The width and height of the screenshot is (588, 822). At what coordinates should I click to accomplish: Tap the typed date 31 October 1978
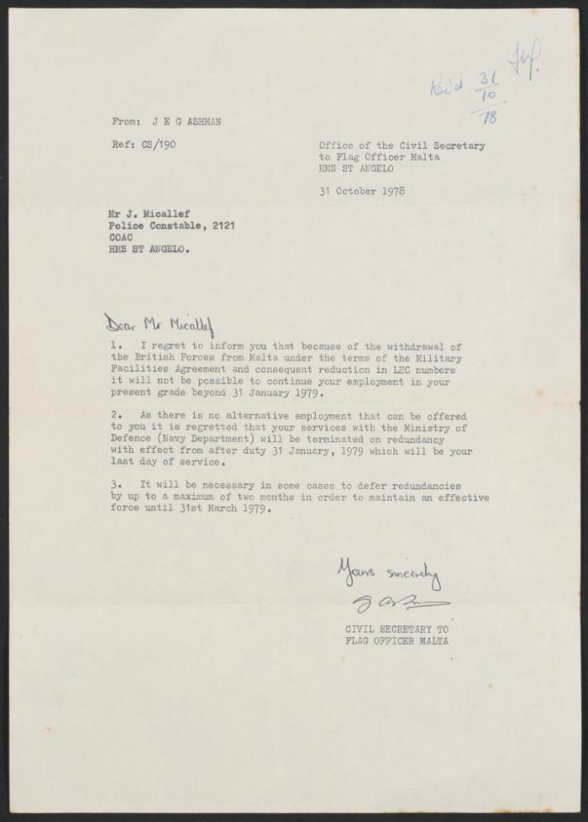point(362,191)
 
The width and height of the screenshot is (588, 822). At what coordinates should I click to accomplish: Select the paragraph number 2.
point(115,416)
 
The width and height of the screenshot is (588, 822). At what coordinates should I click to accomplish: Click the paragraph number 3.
point(115,486)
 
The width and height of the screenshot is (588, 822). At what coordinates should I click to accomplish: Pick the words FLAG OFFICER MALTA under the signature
point(396,640)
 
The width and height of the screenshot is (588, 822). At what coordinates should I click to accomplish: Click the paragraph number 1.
point(115,346)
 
